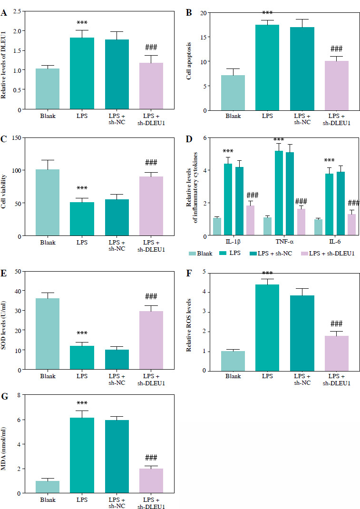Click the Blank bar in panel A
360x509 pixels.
[x=47, y=89]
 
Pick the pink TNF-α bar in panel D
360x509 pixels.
[x=301, y=222]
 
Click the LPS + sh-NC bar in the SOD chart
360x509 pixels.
[x=117, y=360]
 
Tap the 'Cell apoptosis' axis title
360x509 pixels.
[x=189, y=61]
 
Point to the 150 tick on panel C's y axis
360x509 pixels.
[x=19, y=137]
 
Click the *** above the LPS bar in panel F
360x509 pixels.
[x=267, y=274]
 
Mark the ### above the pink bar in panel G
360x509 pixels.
[x=151, y=457]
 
